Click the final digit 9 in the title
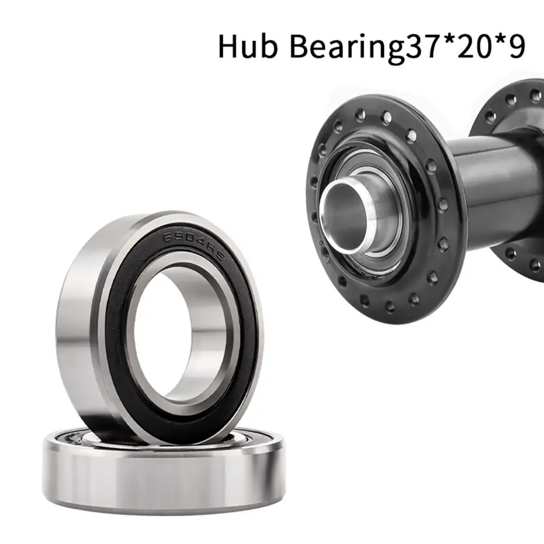pyautogui.click(x=517, y=45)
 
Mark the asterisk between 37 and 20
pyautogui.click(x=442, y=39)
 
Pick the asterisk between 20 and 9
pyautogui.click(x=499, y=39)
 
